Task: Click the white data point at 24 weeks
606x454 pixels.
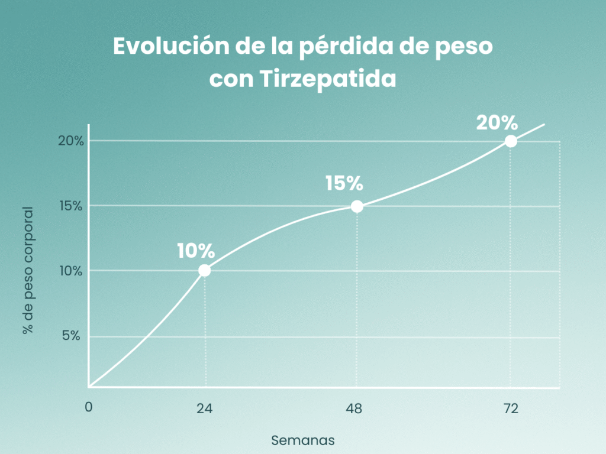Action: coord(204,271)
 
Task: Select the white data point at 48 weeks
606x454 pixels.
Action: coord(357,206)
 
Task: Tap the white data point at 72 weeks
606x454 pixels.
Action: coord(511,141)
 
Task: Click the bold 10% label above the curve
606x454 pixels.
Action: coord(195,251)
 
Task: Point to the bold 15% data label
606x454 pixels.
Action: coord(344,184)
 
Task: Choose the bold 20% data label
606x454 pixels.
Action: coord(497,123)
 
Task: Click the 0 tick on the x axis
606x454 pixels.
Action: coord(89,407)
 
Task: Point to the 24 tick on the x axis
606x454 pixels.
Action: coord(205,408)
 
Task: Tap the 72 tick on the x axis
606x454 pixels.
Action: coord(510,408)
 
